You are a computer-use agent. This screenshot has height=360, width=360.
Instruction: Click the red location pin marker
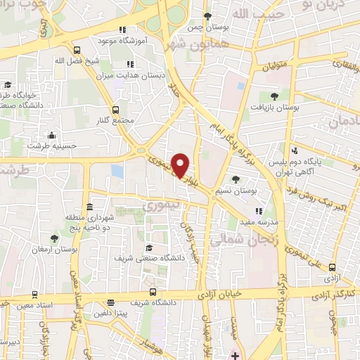(x=181, y=165)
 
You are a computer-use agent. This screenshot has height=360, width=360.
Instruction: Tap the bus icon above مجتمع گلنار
(x=117, y=108)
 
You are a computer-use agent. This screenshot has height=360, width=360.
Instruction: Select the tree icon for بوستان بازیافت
(x=274, y=96)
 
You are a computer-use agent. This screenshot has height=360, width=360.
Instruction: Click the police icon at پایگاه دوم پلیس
(x=296, y=150)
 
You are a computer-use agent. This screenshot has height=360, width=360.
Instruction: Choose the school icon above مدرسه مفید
(x=259, y=210)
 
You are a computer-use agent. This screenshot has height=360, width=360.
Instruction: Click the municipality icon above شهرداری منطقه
(x=89, y=207)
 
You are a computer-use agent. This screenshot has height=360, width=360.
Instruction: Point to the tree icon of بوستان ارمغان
(x=54, y=239)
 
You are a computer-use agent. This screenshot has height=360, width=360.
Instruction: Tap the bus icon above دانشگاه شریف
(x=153, y=294)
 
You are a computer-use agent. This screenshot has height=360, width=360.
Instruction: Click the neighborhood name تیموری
(x=161, y=207)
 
